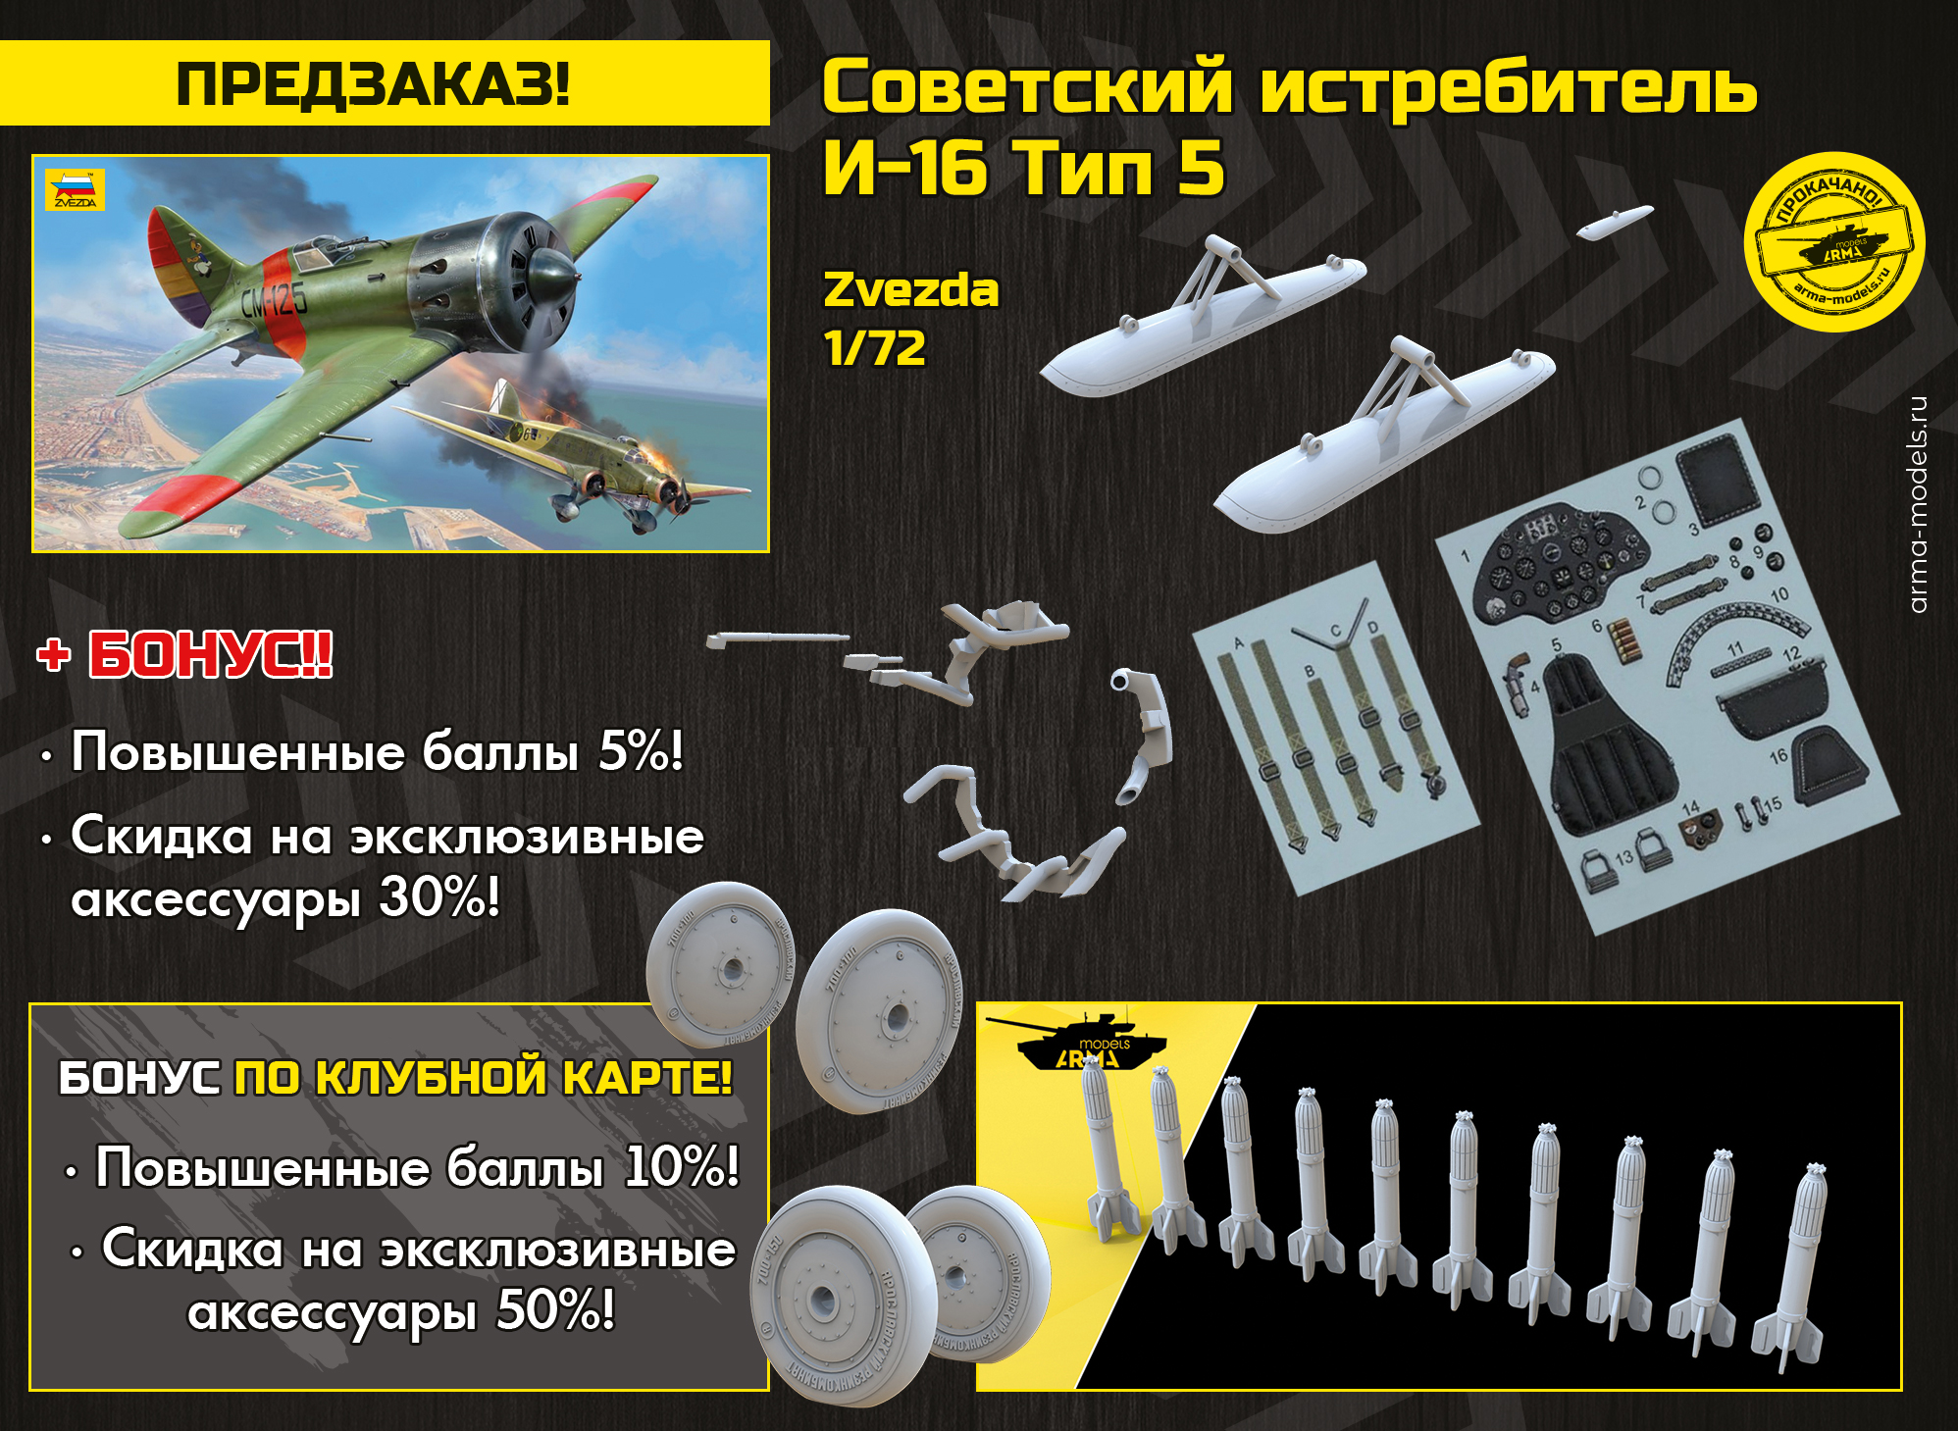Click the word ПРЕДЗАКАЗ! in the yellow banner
pos(373,84)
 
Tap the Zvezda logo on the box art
pos(75,190)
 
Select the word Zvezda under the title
pos(910,290)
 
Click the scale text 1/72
pos(874,348)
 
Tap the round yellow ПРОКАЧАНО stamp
pos(1833,242)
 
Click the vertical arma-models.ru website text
pos(1918,504)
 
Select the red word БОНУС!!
pos(210,655)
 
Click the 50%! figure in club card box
pos(555,1310)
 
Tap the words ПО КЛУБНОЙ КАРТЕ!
pos(483,1078)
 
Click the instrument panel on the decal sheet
pos(1554,564)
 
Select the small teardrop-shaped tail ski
pos(1614,224)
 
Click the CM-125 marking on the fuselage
pos(275,302)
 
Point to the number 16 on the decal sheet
pos(1778,756)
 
